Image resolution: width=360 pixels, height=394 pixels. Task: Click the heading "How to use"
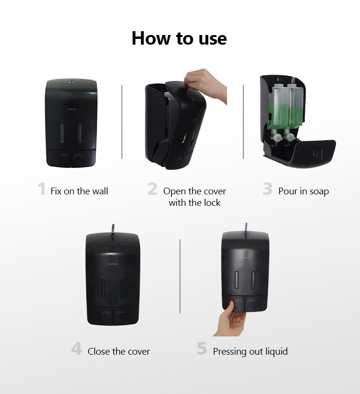tap(179, 38)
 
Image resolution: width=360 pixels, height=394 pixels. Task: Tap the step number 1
tap(41, 189)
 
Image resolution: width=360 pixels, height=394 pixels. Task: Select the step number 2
tap(152, 189)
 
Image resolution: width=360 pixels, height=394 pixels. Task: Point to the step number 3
tap(267, 189)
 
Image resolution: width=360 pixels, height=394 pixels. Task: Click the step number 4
tap(77, 348)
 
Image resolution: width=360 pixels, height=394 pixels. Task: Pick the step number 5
tap(202, 348)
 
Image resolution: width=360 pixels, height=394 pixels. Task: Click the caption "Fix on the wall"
tap(79, 191)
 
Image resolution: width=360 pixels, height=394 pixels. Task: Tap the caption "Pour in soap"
tap(303, 191)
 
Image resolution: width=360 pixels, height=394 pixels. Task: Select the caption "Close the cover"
tap(119, 351)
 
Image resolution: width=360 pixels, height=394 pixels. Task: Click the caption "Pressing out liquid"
tap(251, 352)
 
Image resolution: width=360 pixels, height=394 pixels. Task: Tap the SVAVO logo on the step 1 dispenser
tap(72, 109)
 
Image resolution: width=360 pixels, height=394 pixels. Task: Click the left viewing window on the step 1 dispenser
tap(62, 133)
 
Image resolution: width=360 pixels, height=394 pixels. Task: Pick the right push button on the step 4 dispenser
tap(126, 316)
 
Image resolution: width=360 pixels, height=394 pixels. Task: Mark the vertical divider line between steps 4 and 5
tap(180, 276)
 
